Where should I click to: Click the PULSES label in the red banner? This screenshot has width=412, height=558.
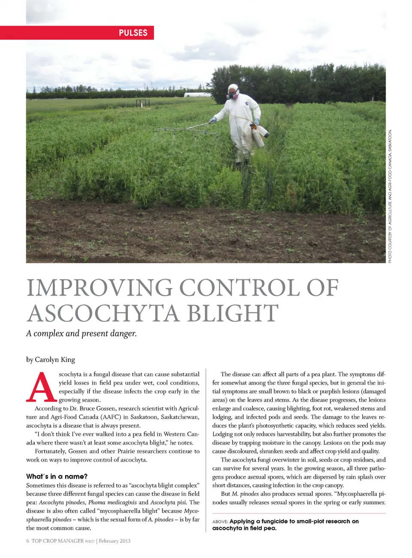(133, 33)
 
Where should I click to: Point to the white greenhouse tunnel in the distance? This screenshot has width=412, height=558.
(197, 95)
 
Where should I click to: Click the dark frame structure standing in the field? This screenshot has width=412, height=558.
(142, 103)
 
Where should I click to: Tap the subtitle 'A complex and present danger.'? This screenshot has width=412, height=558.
(82, 333)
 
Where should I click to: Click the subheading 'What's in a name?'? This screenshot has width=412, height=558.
(57, 477)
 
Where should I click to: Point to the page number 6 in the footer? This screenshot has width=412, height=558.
(28, 541)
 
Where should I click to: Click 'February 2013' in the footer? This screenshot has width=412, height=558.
(115, 541)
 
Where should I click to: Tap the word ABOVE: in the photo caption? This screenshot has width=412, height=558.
(220, 522)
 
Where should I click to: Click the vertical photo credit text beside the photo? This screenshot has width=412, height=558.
(390, 196)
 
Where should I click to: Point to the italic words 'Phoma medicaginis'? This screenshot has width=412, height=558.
(112, 502)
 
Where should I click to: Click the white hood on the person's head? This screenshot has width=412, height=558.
(233, 88)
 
